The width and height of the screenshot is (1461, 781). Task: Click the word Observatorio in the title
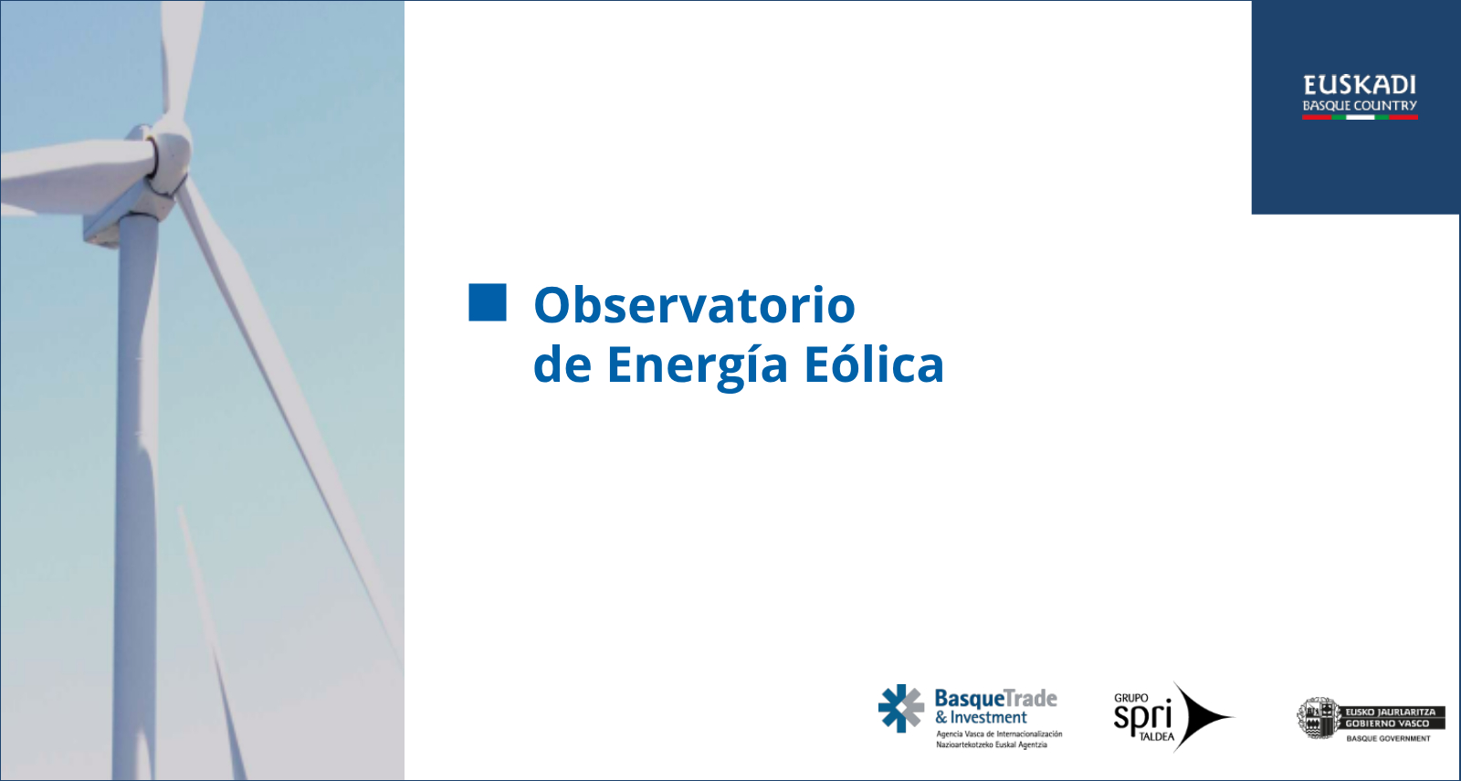tap(694, 305)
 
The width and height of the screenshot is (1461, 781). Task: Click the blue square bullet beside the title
tap(488, 302)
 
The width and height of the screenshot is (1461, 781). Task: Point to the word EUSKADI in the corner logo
tap(1360, 85)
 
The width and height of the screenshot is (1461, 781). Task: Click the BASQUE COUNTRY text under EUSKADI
tap(1360, 106)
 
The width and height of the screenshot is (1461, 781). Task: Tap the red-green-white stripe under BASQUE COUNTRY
tap(1360, 118)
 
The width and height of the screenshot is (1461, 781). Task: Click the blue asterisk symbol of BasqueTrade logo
tap(900, 708)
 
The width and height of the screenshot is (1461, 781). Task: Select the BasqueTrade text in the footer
tap(996, 699)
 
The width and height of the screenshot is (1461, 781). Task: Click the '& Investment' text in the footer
tap(981, 718)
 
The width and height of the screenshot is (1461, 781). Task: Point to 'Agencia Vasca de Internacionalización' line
tap(999, 734)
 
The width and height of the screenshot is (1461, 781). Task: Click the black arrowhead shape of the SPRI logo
tap(1203, 717)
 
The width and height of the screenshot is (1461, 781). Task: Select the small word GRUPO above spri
tap(1131, 698)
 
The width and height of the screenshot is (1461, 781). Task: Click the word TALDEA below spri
tap(1156, 737)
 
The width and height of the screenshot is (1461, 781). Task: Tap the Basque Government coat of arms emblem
tap(1317, 718)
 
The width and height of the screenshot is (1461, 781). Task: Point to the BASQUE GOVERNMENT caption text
tap(1389, 739)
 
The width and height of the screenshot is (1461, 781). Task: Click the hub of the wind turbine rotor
tap(171, 156)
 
